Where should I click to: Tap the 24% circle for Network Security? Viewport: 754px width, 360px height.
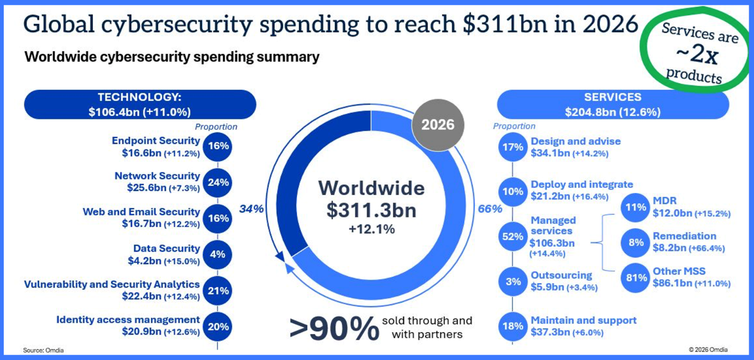[217, 182]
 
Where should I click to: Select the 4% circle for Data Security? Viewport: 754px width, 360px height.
[217, 254]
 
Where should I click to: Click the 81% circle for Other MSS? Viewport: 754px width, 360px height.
[636, 277]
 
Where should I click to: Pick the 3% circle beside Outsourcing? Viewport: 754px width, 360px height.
[513, 281]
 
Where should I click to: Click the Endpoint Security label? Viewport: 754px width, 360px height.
[156, 141]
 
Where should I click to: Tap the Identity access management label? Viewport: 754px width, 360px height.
[128, 319]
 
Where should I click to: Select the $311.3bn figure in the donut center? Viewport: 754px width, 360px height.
[371, 210]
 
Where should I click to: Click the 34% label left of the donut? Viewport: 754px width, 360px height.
[252, 209]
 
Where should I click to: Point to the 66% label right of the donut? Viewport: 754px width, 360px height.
[490, 209]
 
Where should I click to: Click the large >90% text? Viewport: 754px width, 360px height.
[334, 328]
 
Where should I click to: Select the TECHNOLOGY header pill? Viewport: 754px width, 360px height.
[140, 104]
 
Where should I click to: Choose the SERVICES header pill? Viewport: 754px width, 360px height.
[612, 104]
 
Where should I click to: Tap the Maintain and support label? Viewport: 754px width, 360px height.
[584, 320]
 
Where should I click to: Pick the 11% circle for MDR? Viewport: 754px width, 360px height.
[636, 207]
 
